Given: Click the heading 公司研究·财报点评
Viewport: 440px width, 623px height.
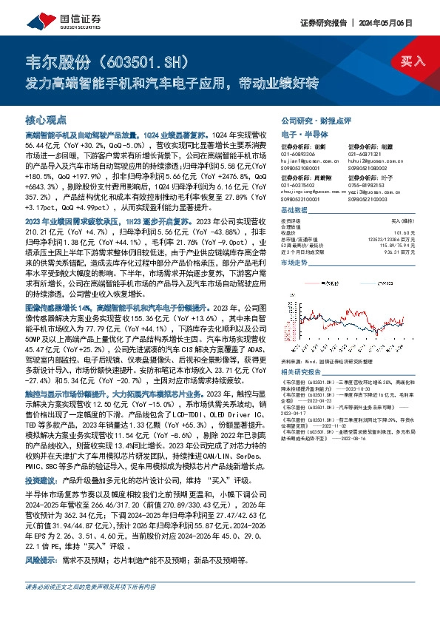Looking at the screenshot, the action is pyautogui.click(x=309, y=119).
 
